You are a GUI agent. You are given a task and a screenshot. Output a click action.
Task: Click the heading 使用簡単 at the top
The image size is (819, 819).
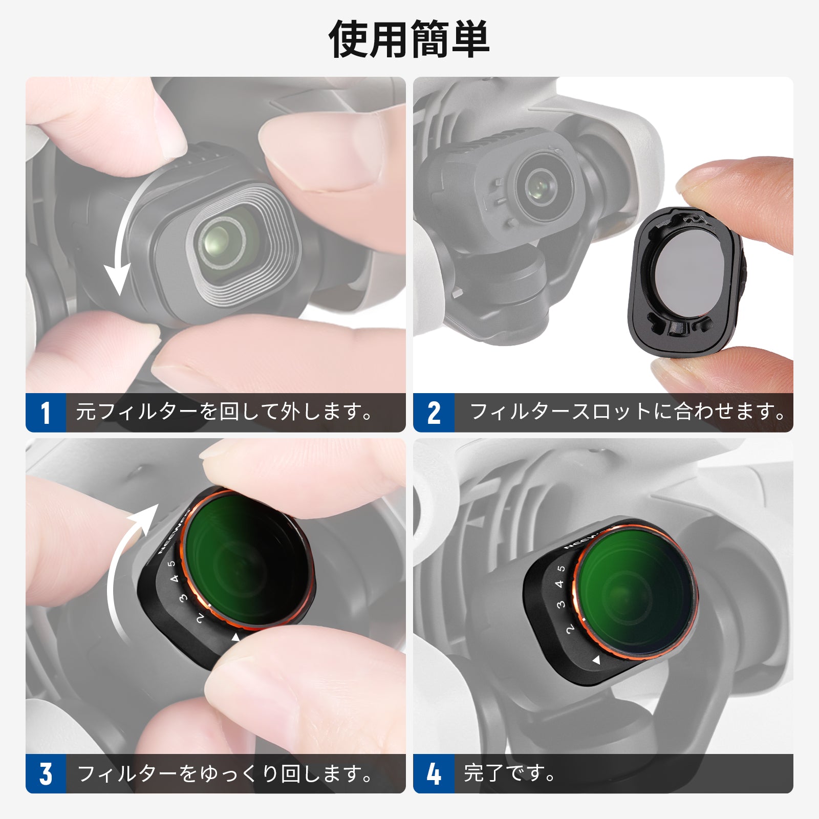[409, 40]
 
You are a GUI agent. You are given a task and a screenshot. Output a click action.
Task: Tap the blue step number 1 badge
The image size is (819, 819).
[46, 413]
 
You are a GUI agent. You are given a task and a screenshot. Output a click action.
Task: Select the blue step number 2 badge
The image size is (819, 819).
[434, 413]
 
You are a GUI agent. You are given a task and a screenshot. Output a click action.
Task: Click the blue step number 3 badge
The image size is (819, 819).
[46, 773]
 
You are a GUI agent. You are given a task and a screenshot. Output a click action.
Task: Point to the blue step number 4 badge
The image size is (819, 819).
[434, 773]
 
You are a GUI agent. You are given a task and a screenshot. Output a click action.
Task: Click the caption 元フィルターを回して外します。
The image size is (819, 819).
[224, 412]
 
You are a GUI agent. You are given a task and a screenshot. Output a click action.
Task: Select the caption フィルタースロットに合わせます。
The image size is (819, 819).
[628, 412]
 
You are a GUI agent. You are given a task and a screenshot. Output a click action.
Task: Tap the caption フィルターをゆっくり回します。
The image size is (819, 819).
[224, 773]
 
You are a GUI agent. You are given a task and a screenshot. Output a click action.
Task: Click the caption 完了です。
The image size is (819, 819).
[509, 773]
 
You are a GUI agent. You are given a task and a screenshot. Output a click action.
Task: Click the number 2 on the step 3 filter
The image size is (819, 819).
[200, 618]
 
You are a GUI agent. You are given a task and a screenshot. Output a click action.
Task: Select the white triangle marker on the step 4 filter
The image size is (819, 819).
[596, 660]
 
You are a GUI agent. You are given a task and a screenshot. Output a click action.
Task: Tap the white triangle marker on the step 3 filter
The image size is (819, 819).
[235, 637]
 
